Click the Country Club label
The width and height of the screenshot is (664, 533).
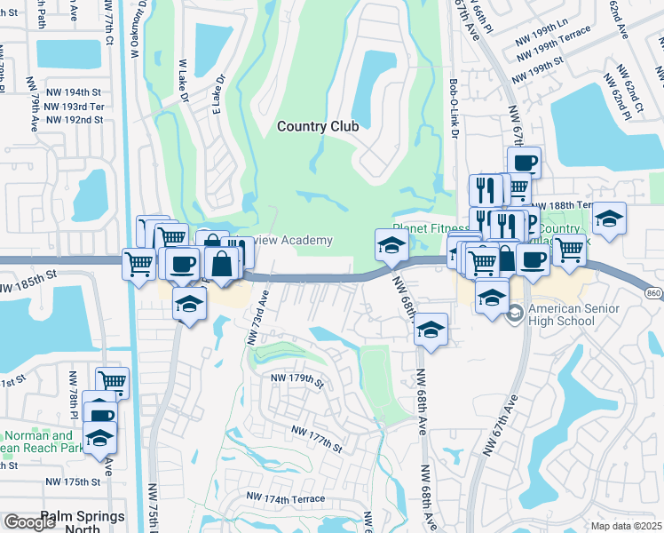click(x=318, y=126)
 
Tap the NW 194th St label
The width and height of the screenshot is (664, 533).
click(x=72, y=91)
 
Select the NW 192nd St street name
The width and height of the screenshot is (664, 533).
click(x=74, y=119)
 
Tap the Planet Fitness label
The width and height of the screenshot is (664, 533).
click(x=429, y=228)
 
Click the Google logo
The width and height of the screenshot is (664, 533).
click(x=29, y=522)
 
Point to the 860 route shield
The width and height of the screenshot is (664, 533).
click(x=653, y=293)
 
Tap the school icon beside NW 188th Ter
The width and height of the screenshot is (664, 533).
click(x=609, y=219)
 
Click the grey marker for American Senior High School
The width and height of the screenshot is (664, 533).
click(x=515, y=313)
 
